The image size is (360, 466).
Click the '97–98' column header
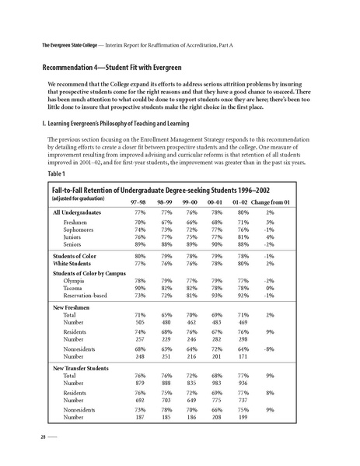click(x=141, y=201)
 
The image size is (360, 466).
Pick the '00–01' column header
click(x=216, y=201)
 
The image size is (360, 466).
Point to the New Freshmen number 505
click(x=142, y=321)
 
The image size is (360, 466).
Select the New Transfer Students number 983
click(x=218, y=382)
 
